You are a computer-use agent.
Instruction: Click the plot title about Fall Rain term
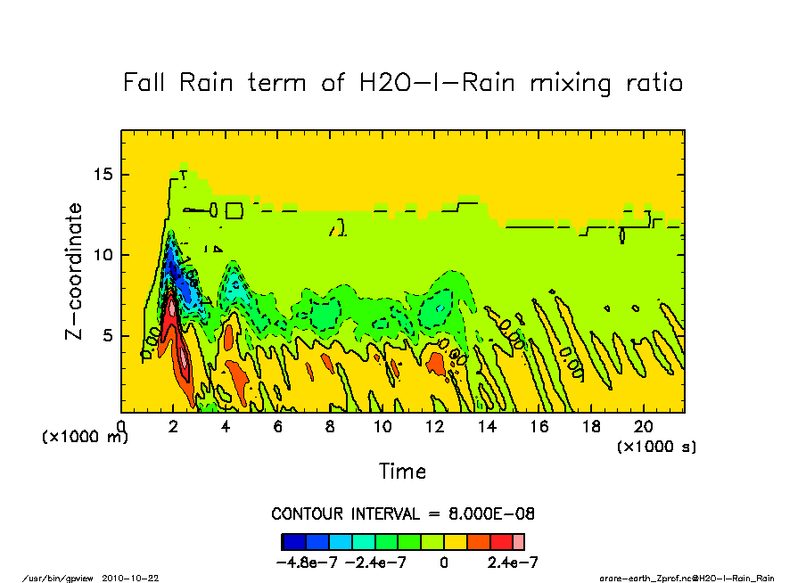pos(403,84)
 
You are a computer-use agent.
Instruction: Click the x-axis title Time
pos(403,471)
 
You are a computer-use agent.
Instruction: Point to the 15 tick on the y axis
pos(105,174)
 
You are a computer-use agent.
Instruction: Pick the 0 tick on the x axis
pos(122,427)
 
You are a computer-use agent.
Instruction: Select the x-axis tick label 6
pos(278,427)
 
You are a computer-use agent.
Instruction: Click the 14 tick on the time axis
pos(487,427)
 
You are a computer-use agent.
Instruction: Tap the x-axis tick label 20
pos(644,427)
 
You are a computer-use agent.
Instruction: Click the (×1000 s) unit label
pos(657,445)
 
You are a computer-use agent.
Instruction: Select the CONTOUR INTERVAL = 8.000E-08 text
pos(403,514)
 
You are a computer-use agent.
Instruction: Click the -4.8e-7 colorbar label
pos(308,562)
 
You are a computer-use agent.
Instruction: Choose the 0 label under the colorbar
pos(443,562)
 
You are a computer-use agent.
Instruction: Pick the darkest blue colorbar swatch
pos(294,541)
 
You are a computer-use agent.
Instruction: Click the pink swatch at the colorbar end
pos(519,541)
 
